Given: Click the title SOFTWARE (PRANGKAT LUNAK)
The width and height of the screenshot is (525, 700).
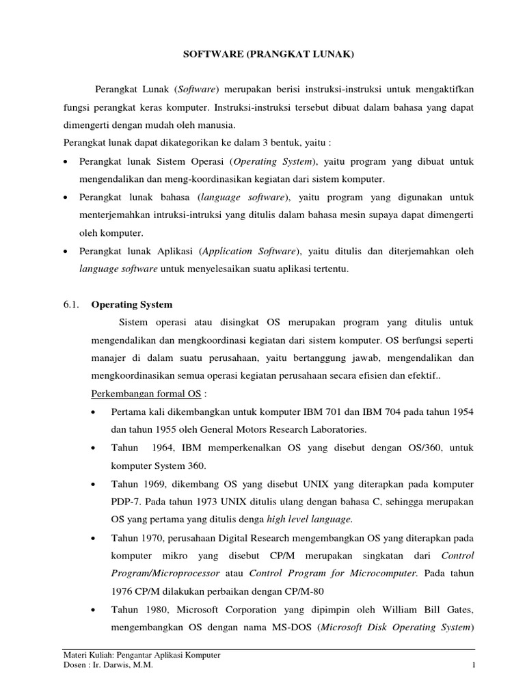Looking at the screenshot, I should click(262, 54).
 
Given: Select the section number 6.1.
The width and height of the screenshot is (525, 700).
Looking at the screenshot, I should click(71, 304).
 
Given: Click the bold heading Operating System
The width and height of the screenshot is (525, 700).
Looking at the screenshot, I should click(132, 304).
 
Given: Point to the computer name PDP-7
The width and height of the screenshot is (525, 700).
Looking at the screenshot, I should click(122, 502).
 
